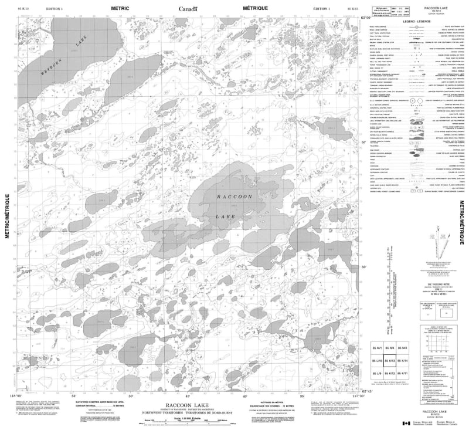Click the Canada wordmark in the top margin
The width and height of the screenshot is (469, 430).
tap(188, 9)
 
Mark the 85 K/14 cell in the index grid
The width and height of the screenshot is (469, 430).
tap(402, 361)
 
